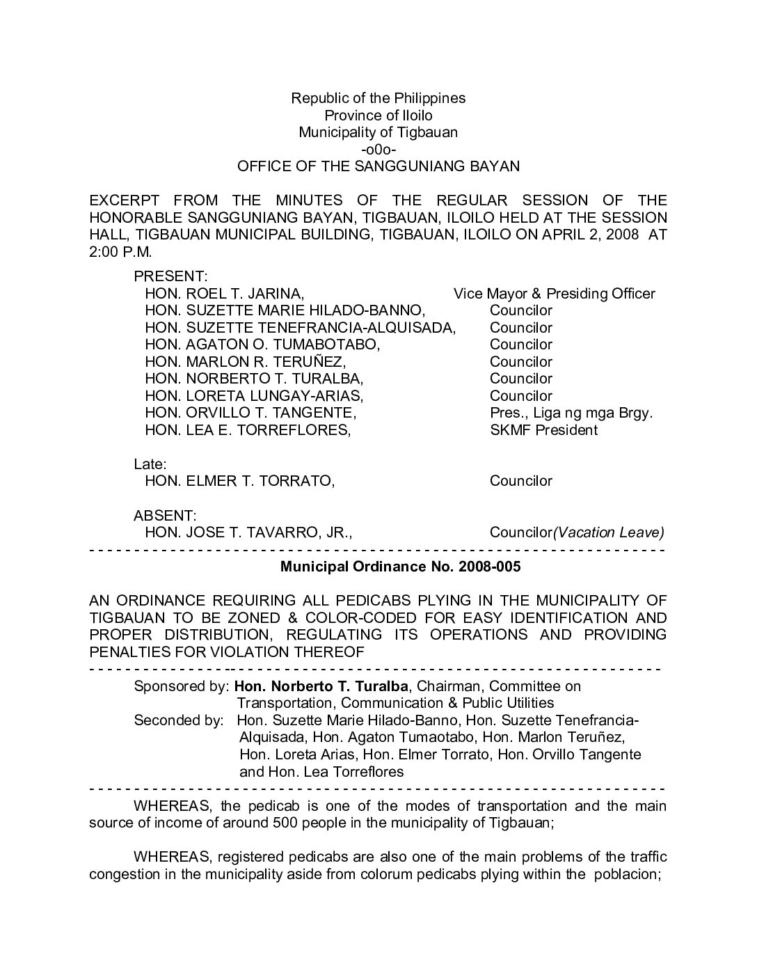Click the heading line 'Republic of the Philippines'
378,98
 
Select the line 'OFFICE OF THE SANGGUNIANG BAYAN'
378,166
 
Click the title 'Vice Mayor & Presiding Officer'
555,294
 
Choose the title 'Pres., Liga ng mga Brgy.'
571,413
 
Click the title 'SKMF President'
543,430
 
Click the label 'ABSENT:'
165,516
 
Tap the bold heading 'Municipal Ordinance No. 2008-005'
400,567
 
